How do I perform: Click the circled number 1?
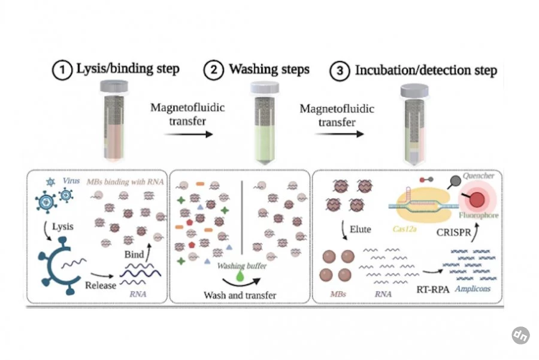tap(62, 70)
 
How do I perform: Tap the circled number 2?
tap(213, 70)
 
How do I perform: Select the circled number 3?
tap(340, 71)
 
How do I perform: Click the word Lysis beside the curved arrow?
tap(63, 226)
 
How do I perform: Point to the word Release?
tap(101, 285)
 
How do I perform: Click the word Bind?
tap(134, 255)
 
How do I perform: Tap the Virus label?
tap(71, 180)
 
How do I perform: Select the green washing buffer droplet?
tap(240, 276)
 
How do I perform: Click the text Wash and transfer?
tap(240, 295)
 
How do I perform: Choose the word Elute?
tap(361, 229)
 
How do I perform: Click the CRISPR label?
tap(454, 232)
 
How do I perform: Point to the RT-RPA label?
tap(433, 289)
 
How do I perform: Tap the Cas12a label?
tap(405, 229)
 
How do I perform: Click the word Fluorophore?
tap(479, 215)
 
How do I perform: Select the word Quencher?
tap(479, 176)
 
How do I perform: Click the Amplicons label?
tap(473, 289)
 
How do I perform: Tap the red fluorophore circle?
tap(477, 200)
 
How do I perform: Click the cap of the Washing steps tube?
tap(264, 88)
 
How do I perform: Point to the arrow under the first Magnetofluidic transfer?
tap(189, 134)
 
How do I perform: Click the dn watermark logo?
tap(520, 335)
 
